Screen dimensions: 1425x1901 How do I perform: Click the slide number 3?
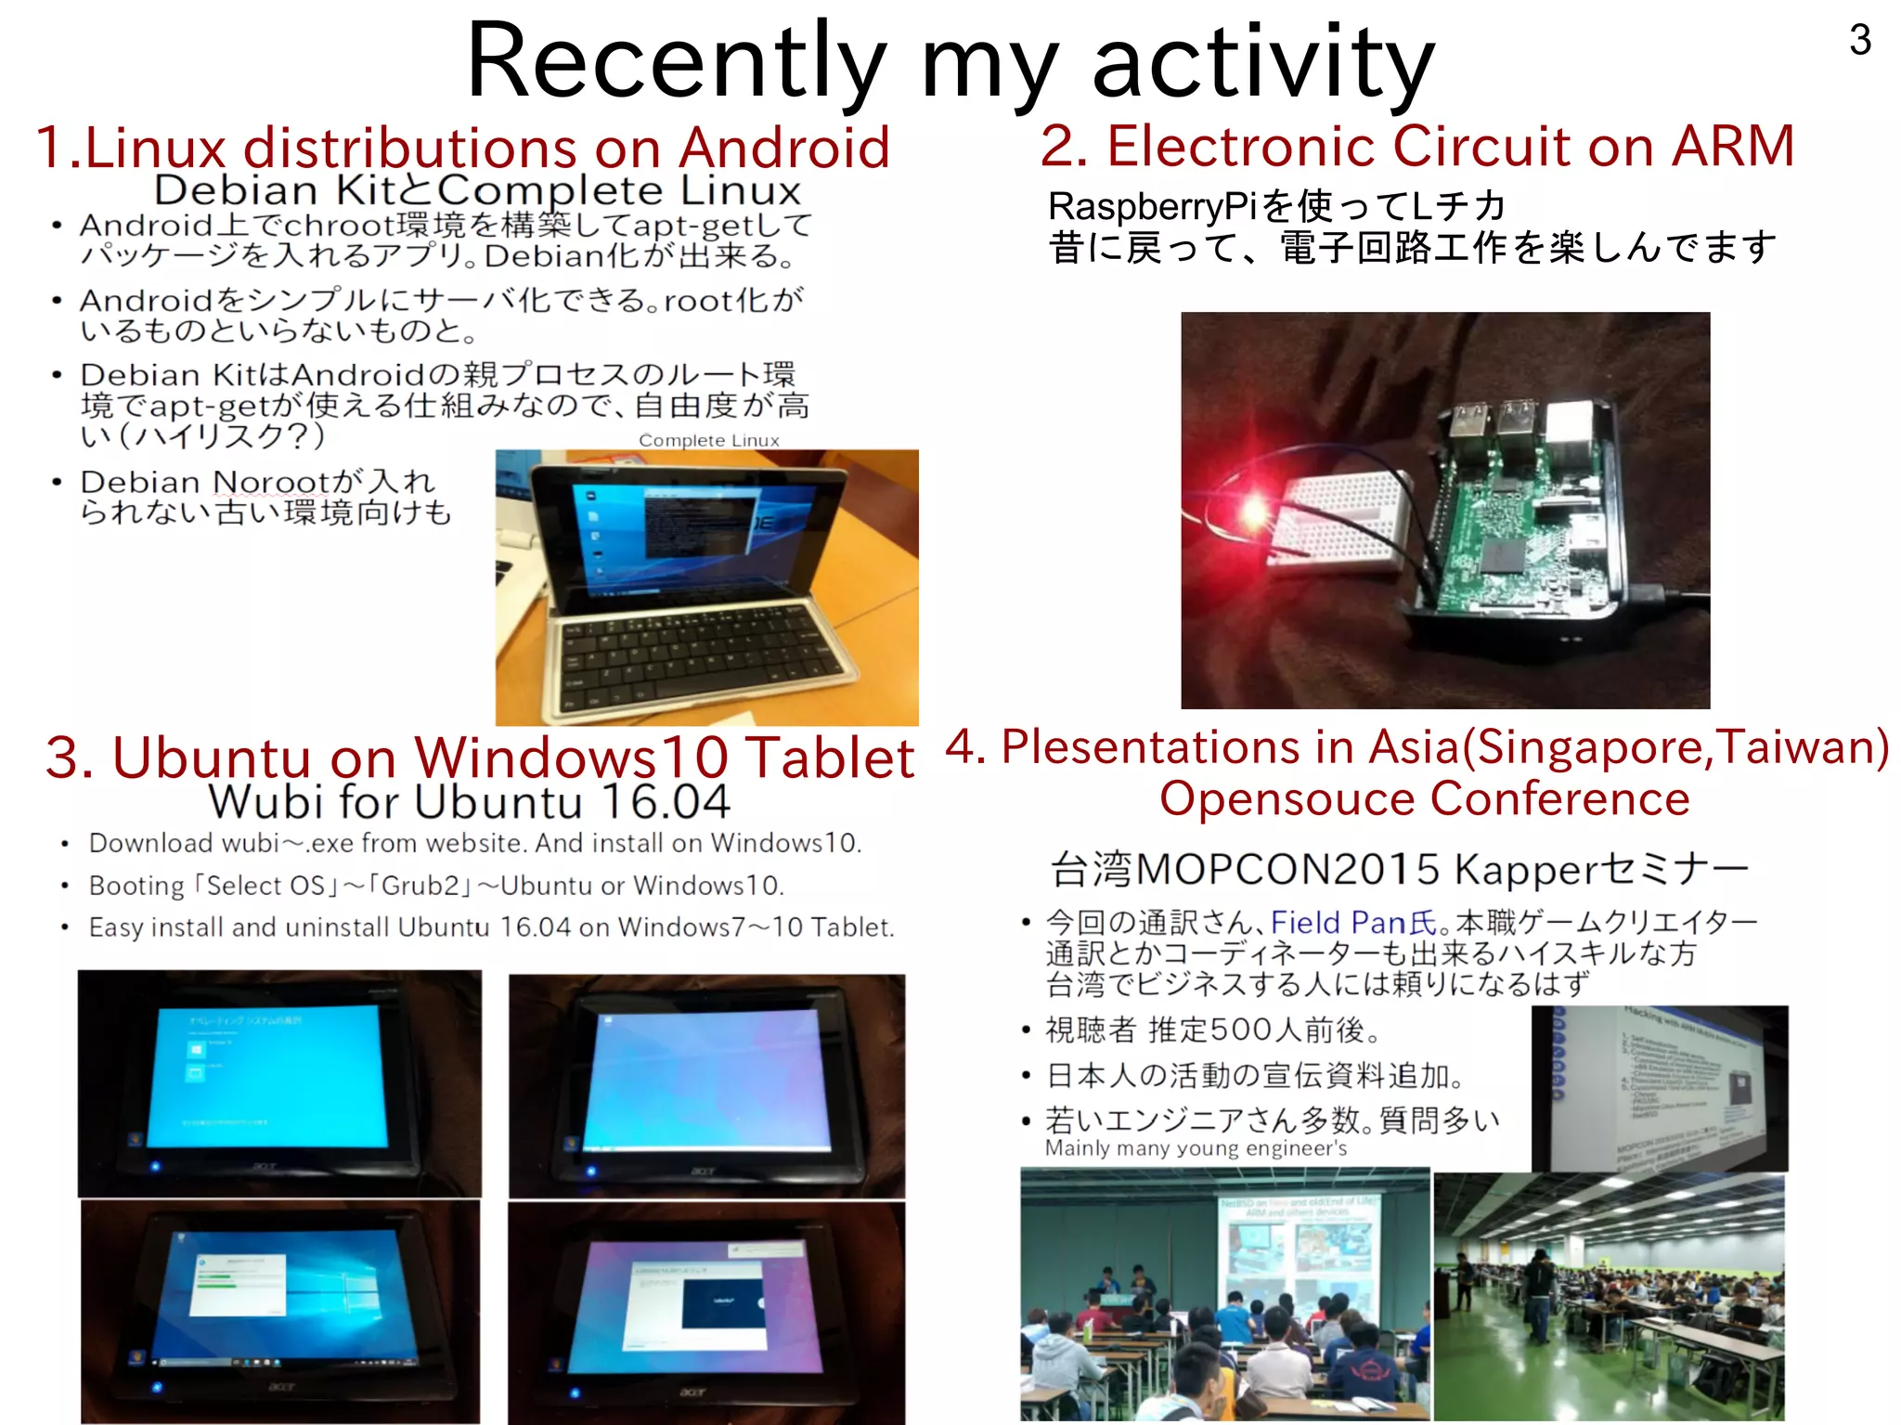(1859, 40)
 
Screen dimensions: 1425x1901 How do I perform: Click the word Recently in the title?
(676, 62)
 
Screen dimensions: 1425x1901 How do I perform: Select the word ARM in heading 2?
(1733, 146)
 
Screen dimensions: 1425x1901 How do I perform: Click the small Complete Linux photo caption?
(708, 440)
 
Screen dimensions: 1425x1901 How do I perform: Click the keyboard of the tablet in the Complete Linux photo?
(696, 650)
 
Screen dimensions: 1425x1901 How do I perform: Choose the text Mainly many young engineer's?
(1196, 1148)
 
